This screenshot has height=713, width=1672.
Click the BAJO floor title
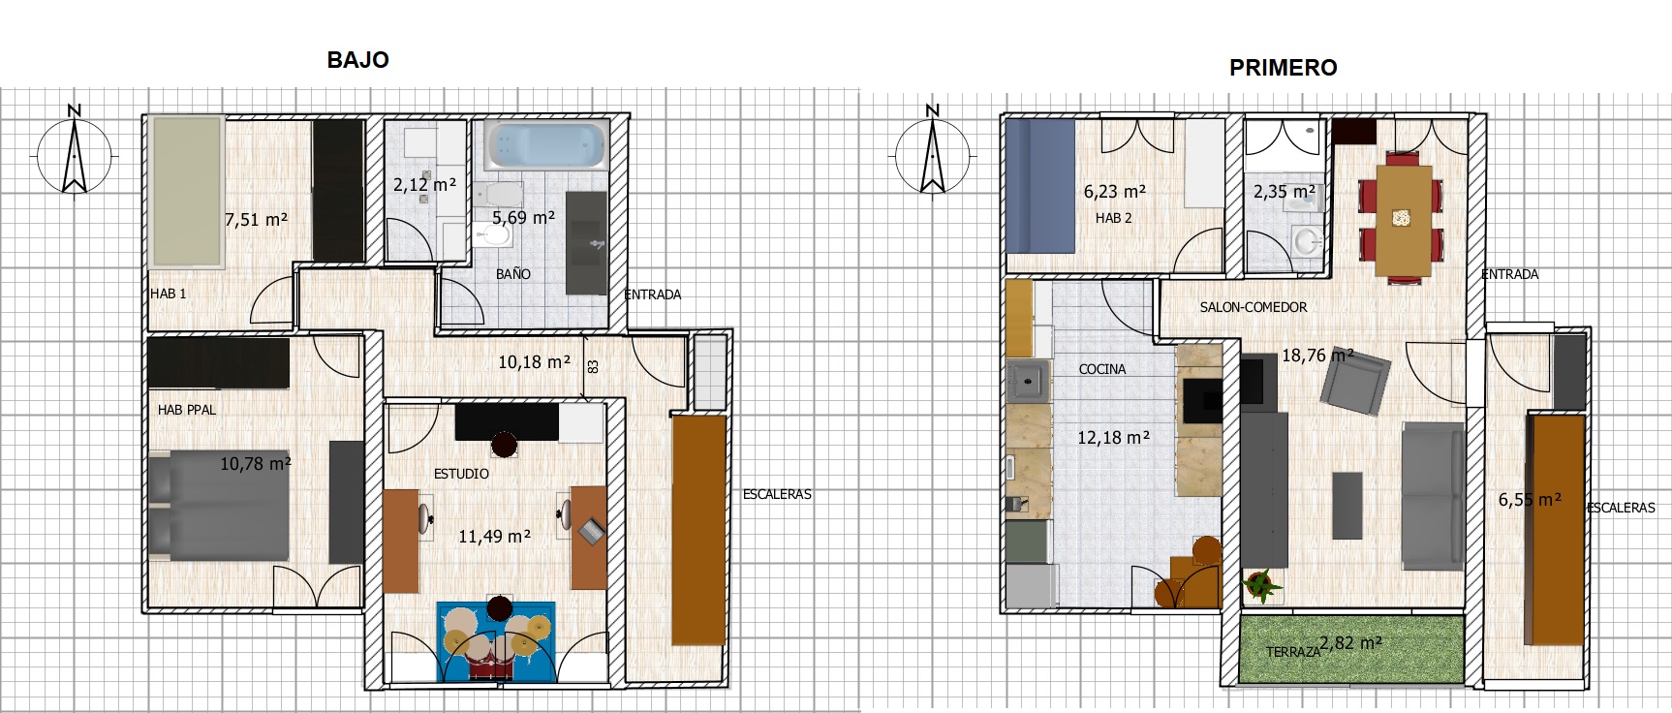pyautogui.click(x=357, y=60)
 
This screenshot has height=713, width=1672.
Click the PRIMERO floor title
pyautogui.click(x=1284, y=68)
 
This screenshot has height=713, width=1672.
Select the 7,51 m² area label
pyautogui.click(x=257, y=220)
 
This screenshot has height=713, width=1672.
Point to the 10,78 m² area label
pyautogui.click(x=256, y=464)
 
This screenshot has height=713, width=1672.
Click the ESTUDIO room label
pyautogui.click(x=461, y=474)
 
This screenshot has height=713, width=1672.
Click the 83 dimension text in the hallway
pyautogui.click(x=593, y=367)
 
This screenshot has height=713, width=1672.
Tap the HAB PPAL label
pyautogui.click(x=187, y=410)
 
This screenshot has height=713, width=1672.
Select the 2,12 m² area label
pyautogui.click(x=424, y=184)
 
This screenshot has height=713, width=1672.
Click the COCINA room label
pyautogui.click(x=1102, y=369)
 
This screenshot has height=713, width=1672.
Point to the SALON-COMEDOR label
pyautogui.click(x=1254, y=307)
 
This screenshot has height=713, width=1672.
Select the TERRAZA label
pyautogui.click(x=1293, y=652)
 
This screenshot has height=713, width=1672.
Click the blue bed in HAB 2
pyautogui.click(x=1041, y=186)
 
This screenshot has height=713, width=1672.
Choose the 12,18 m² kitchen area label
pyautogui.click(x=1114, y=438)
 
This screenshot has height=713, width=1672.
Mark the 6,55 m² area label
pyautogui.click(x=1530, y=500)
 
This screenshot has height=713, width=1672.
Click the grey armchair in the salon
pyautogui.click(x=1356, y=381)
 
